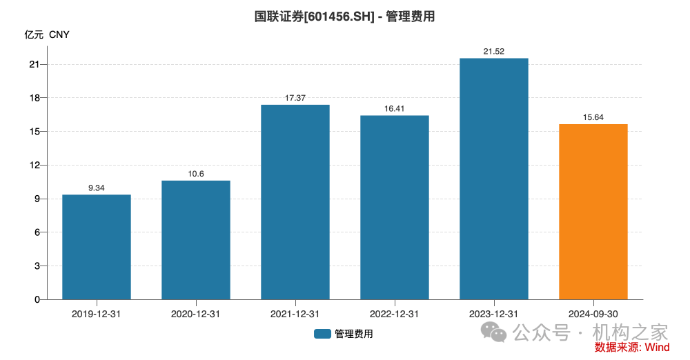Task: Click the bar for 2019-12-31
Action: point(97,247)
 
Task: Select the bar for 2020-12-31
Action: point(196,240)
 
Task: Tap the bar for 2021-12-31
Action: point(295,202)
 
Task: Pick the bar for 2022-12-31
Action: point(395,207)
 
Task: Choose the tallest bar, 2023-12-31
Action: point(494,179)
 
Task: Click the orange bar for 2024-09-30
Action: point(593,212)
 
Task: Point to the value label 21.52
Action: point(494,52)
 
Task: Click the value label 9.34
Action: point(97,188)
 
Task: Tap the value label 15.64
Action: point(593,117)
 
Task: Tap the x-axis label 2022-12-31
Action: point(395,314)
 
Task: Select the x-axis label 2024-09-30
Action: point(593,314)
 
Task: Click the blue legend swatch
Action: point(322,334)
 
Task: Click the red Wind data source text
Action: point(631,347)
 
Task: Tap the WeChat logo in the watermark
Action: point(498,332)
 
